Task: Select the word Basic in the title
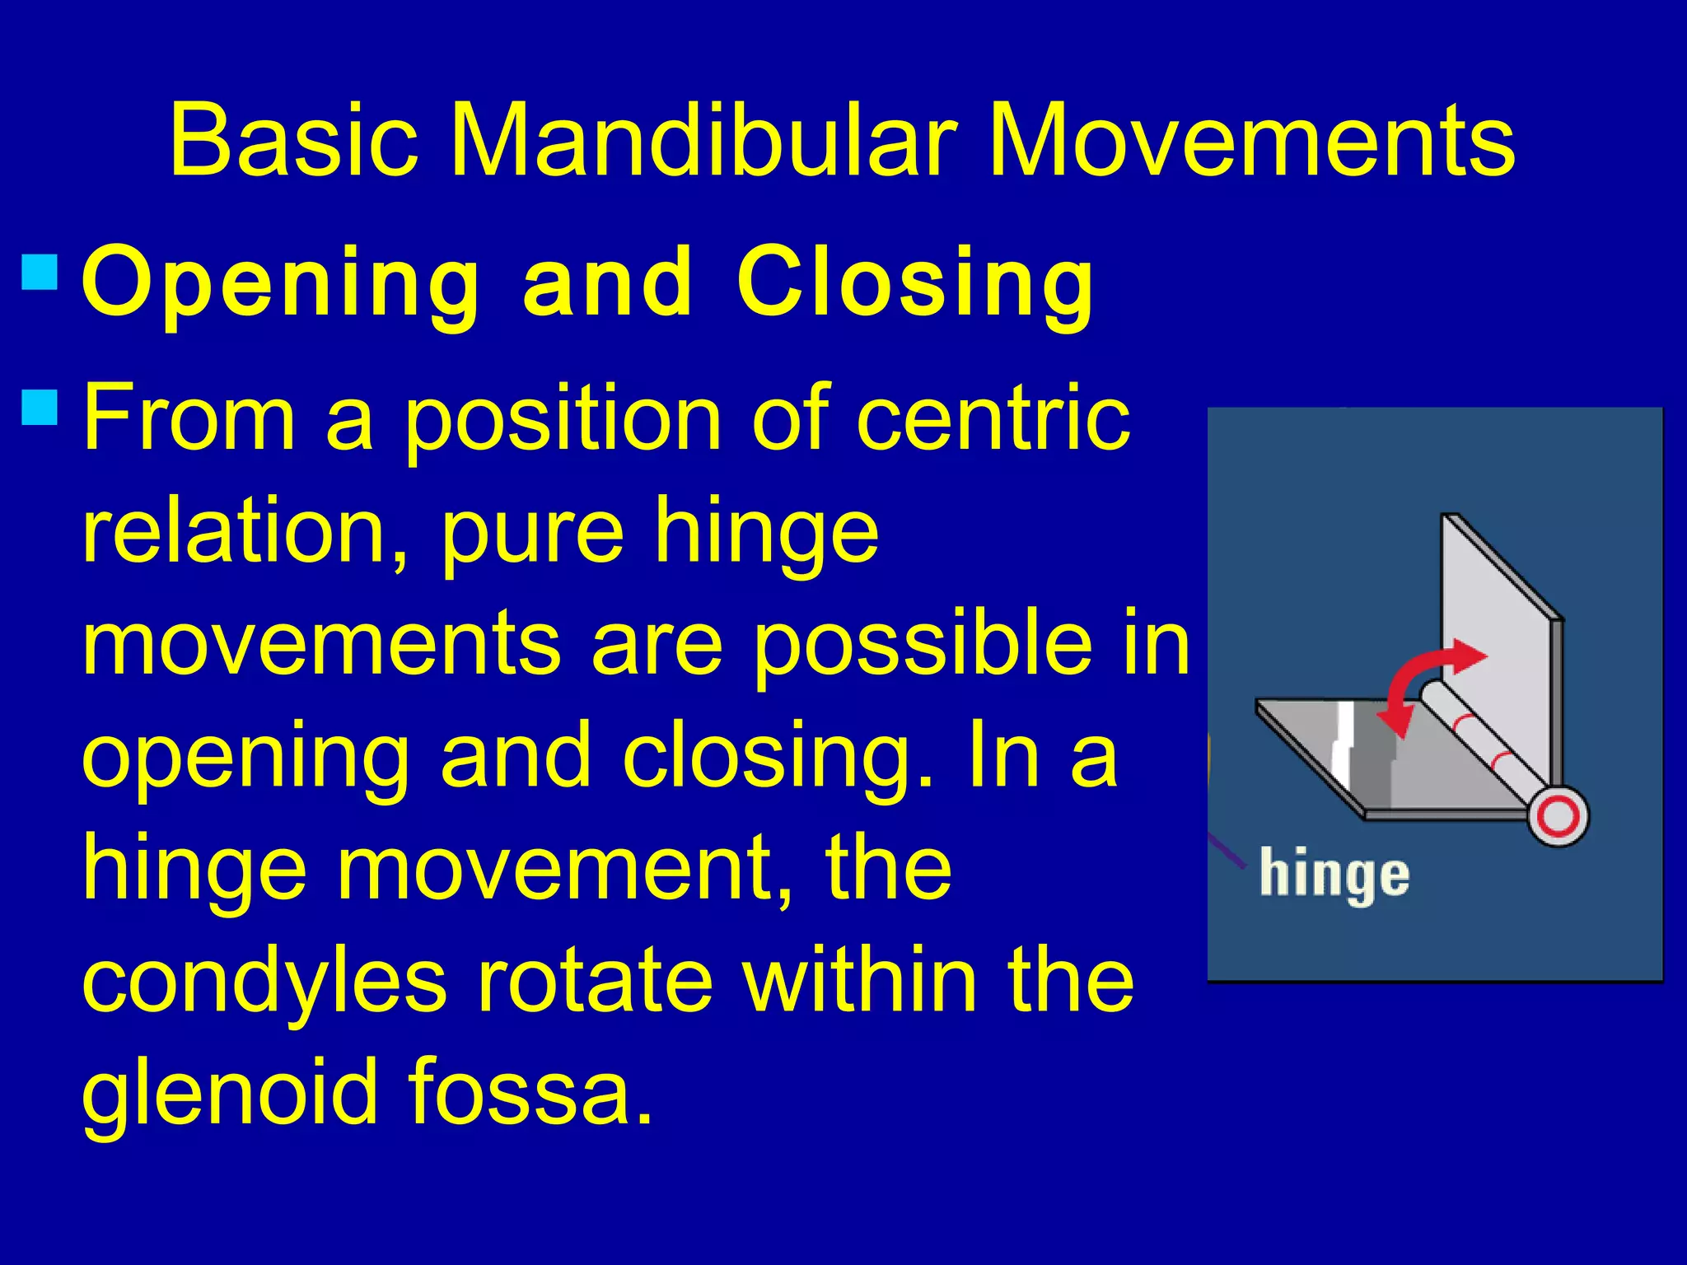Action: pos(293,142)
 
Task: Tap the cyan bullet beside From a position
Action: pos(39,407)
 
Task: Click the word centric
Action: pos(993,418)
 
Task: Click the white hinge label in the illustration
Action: pos(1334,876)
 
